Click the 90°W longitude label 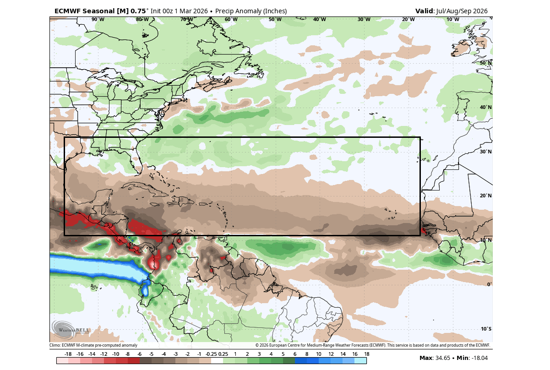(x=98, y=19)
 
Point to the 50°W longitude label (x=275, y=19)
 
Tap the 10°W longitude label (x=452, y=19)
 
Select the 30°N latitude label (x=485, y=152)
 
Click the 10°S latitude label (x=486, y=329)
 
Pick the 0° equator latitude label (x=489, y=284)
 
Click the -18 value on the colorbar (x=68, y=354)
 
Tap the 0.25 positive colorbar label (x=223, y=354)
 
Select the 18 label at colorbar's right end (x=366, y=354)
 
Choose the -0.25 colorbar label (x=211, y=354)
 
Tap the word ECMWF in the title (x=67, y=11)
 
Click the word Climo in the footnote (x=55, y=345)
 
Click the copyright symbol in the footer (x=257, y=345)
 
